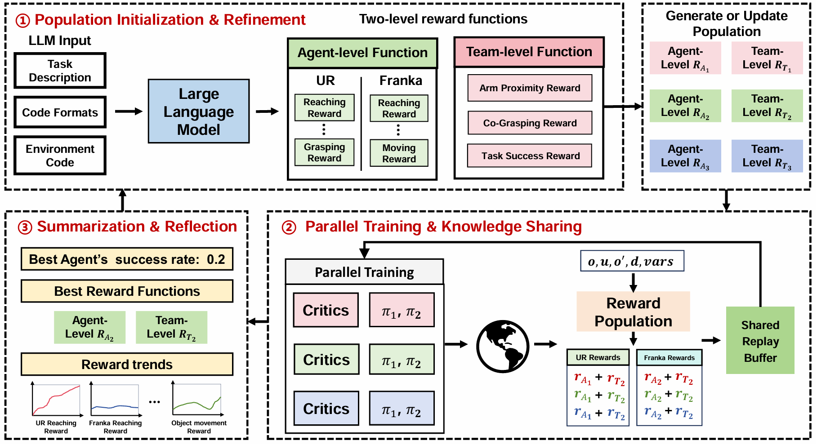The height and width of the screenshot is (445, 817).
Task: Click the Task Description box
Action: click(60, 71)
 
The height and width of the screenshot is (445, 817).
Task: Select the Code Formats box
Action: click(60, 112)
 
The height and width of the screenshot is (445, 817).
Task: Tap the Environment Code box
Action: click(60, 156)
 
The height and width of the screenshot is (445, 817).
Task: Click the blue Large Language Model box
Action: click(199, 111)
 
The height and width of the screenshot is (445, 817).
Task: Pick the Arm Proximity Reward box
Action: click(530, 88)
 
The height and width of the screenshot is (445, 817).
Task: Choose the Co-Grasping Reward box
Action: click(530, 123)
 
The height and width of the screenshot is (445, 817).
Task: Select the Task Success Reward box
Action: click(530, 156)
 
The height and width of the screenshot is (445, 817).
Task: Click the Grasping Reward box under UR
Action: click(324, 152)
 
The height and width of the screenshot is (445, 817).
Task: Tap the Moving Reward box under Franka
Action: click(399, 153)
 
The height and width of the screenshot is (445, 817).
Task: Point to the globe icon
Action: click(503, 346)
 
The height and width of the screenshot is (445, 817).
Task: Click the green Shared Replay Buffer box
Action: click(760, 340)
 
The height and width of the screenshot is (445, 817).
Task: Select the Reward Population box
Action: click(633, 312)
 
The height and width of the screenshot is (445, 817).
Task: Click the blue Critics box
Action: click(326, 409)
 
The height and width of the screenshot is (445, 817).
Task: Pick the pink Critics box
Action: click(326, 310)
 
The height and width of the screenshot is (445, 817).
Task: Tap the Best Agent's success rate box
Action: click(127, 259)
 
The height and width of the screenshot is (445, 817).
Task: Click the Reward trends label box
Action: click(127, 364)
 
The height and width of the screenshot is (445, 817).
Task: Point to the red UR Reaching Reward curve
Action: click(56, 400)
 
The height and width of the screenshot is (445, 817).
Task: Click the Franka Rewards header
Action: click(669, 358)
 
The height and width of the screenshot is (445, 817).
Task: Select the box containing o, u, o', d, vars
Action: click(632, 261)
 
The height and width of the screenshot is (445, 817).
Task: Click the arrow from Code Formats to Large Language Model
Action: click(129, 111)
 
